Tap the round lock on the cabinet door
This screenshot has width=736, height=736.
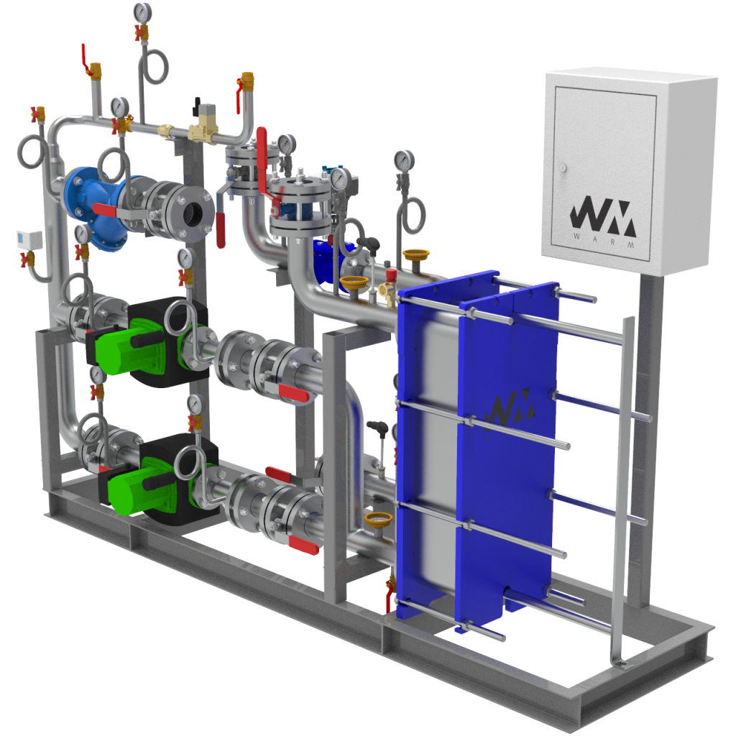563,167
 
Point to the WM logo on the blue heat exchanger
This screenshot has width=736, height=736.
510,408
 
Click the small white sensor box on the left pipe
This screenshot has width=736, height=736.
29,239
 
